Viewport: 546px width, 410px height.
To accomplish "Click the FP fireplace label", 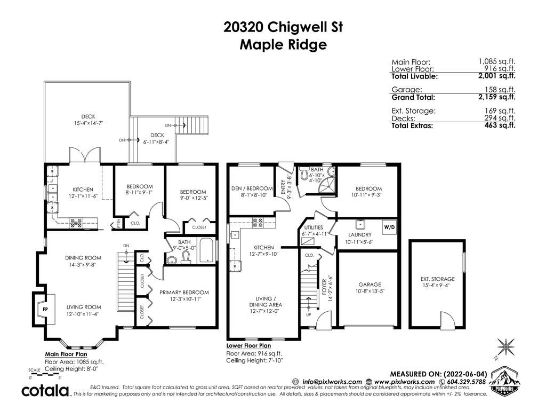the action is pyautogui.click(x=45, y=309).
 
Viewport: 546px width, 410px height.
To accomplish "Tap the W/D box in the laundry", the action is pyautogui.click(x=390, y=227).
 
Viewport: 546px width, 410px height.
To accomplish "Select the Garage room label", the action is pyautogui.click(x=370, y=285).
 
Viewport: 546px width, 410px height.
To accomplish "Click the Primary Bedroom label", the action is pyautogui.click(x=184, y=292).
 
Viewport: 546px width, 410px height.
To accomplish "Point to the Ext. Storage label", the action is pyautogui.click(x=438, y=279).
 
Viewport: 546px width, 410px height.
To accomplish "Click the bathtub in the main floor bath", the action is pyautogui.click(x=207, y=251).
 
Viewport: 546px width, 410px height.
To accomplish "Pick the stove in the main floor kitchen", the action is pyautogui.click(x=76, y=223).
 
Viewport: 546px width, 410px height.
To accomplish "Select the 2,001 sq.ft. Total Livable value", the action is pyautogui.click(x=497, y=76).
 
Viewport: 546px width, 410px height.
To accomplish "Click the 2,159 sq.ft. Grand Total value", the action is pyautogui.click(x=497, y=97).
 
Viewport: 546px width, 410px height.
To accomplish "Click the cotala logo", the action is pyautogui.click(x=46, y=391).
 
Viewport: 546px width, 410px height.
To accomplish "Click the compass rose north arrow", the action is pyautogui.click(x=505, y=347).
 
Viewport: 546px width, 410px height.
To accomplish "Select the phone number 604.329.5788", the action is pyautogui.click(x=466, y=381).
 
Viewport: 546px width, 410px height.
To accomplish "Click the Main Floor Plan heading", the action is pyautogui.click(x=66, y=354).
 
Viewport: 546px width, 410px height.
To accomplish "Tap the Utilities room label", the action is pyautogui.click(x=313, y=227).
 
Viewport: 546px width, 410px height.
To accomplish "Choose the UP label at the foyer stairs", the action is pyautogui.click(x=309, y=315).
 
